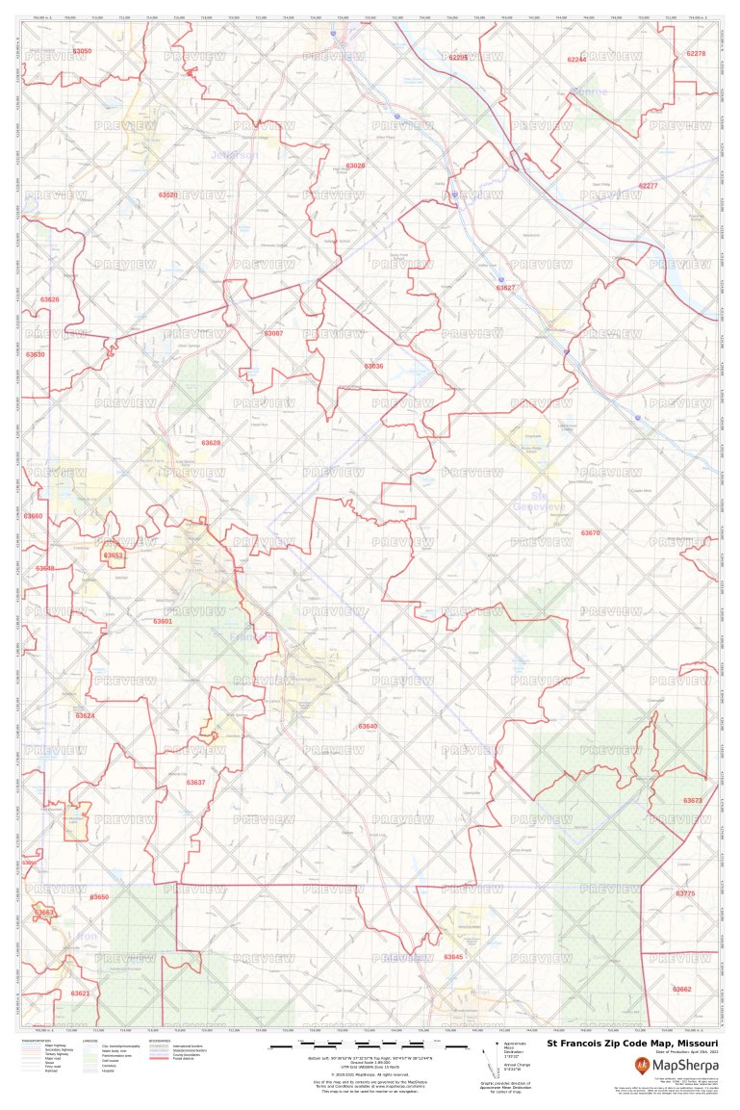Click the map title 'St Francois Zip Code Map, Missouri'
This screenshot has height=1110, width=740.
632,1043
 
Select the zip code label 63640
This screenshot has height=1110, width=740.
368,726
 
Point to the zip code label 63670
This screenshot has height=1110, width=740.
590,532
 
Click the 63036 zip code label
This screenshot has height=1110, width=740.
373,366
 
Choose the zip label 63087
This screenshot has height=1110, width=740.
273,333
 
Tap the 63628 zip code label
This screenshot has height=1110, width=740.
211,443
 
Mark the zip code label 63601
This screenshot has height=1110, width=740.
163,621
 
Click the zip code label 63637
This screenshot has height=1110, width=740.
195,782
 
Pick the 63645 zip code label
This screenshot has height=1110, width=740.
453,956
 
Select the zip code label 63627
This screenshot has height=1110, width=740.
505,288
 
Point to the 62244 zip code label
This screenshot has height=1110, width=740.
576,60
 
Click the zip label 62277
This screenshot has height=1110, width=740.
648,185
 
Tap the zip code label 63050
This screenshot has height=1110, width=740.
83,50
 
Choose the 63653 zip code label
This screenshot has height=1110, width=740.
114,555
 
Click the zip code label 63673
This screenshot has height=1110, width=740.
693,800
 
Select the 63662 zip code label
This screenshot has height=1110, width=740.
681,989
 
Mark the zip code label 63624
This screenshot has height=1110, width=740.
86,715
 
